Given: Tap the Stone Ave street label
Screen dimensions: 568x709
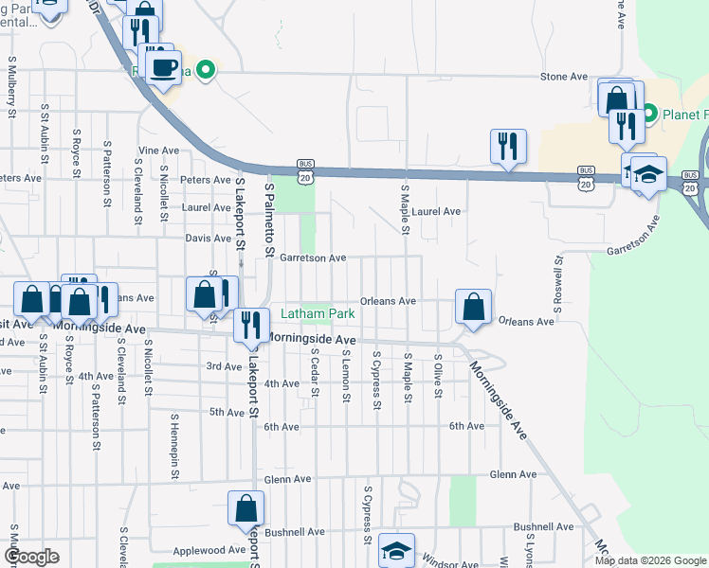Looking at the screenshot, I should [x=565, y=77].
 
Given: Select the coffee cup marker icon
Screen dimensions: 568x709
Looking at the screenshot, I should [x=165, y=68].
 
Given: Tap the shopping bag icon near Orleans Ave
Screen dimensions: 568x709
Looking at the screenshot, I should [x=473, y=307].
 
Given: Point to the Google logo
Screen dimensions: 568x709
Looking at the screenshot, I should [x=31, y=556].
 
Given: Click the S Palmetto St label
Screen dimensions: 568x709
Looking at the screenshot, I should [x=269, y=212].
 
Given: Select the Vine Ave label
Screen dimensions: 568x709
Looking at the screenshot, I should [x=158, y=151].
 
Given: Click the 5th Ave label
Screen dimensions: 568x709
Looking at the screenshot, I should [x=227, y=412].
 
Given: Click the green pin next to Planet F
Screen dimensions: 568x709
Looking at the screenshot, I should [x=650, y=115].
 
